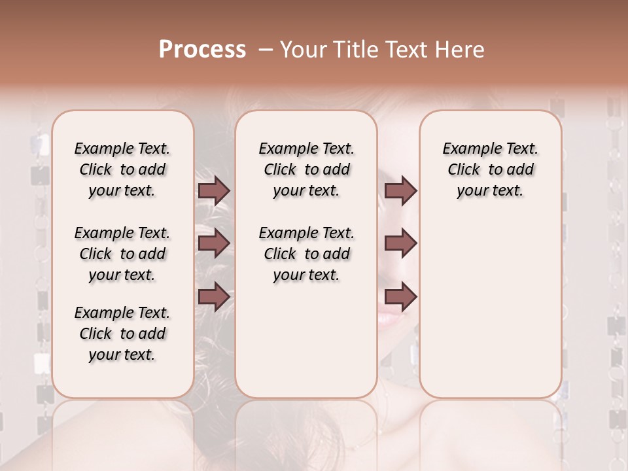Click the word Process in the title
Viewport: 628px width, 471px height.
click(x=202, y=49)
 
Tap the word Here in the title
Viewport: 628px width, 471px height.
click(x=460, y=49)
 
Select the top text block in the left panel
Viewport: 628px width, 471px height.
click(x=122, y=169)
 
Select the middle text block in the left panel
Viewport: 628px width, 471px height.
click(x=122, y=254)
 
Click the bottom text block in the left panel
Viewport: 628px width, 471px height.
click(x=122, y=334)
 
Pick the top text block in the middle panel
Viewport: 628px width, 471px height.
click(x=306, y=169)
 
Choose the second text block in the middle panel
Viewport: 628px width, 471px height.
click(x=306, y=254)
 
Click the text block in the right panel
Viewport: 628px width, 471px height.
click(x=490, y=169)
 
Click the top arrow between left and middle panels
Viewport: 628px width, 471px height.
click(x=214, y=191)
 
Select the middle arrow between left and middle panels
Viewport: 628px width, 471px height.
click(x=214, y=243)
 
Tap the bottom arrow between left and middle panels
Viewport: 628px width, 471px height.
click(x=214, y=296)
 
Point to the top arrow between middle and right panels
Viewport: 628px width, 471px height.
click(x=400, y=191)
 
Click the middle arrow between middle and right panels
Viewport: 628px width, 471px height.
click(x=400, y=243)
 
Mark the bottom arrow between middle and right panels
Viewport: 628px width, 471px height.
click(x=400, y=296)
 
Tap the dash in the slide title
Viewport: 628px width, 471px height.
click(x=266, y=50)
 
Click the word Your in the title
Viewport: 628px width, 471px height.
click(x=302, y=49)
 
